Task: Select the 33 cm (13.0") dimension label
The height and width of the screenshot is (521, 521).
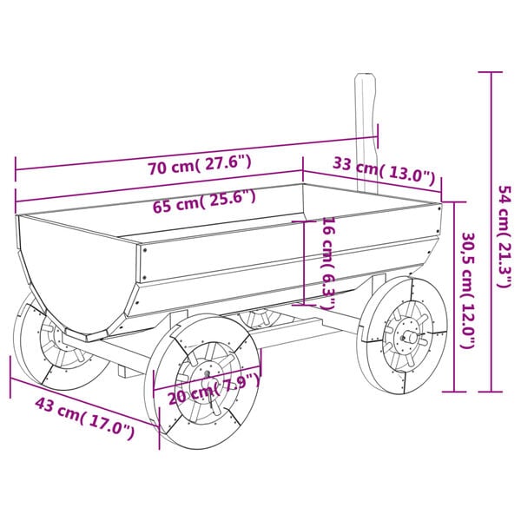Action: (383, 170)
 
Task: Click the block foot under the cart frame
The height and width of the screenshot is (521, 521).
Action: (129, 371)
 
